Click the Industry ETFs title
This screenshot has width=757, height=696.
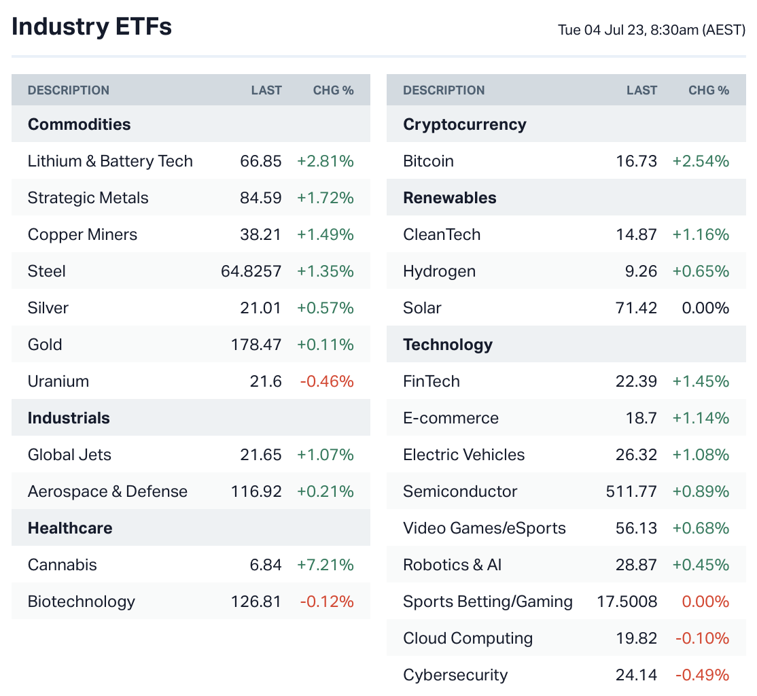tap(92, 27)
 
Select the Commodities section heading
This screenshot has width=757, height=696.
tap(79, 124)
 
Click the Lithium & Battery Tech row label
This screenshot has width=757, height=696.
tap(110, 161)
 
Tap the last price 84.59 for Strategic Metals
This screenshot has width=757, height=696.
tap(260, 198)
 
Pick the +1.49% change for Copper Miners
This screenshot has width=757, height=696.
tap(325, 234)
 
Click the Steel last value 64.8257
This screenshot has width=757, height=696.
tap(251, 271)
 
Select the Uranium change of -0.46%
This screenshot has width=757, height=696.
tap(327, 381)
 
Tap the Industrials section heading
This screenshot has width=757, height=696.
tap(69, 418)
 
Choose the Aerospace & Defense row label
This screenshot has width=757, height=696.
tap(107, 491)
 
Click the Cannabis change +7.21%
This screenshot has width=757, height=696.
tap(325, 565)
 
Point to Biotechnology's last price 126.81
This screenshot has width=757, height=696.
tap(256, 602)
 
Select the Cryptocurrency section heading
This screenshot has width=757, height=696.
tap(464, 124)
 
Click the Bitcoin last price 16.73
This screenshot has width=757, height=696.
tap(636, 161)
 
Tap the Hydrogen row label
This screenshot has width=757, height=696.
tap(439, 271)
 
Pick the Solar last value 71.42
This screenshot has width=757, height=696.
tap(636, 308)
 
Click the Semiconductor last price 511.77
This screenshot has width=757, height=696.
tap(631, 491)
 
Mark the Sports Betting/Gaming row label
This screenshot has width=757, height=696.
tap(487, 602)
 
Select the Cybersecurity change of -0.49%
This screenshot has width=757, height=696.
tap(702, 675)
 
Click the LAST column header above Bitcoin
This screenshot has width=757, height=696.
tap(641, 90)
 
